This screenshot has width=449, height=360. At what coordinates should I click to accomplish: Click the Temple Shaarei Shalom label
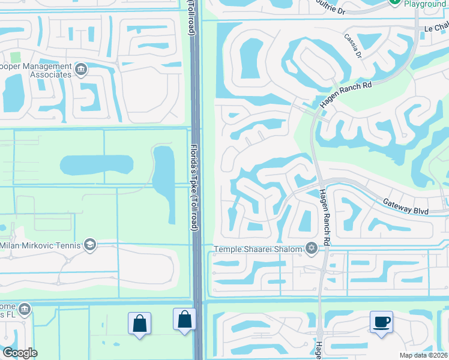click(259, 248)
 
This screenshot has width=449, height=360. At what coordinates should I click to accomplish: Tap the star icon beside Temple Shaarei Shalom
click(311, 248)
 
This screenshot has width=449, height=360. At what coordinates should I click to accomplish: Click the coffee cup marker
click(381, 322)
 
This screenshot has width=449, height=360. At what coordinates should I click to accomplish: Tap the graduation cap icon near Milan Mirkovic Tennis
click(89, 244)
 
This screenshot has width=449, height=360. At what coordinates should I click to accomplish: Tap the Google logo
click(20, 353)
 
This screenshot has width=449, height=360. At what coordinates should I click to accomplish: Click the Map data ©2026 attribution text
click(423, 355)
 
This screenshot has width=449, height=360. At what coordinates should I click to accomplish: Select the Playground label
click(425, 4)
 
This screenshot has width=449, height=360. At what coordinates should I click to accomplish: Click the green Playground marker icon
click(395, 2)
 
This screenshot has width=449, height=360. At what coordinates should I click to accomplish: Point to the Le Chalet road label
click(436, 27)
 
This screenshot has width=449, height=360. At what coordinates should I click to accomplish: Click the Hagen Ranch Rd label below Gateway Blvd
click(325, 217)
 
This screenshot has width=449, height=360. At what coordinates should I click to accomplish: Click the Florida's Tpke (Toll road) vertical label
click(194, 180)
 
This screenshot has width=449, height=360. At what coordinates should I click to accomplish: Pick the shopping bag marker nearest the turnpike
click(184, 319)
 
